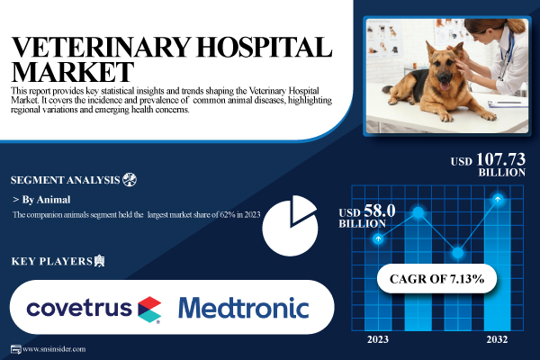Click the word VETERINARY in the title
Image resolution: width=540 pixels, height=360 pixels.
[101, 47]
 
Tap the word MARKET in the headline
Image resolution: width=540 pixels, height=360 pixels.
[72, 72]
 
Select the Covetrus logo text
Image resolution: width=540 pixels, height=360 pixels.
[79, 307]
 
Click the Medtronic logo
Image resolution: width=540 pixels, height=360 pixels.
[244, 308]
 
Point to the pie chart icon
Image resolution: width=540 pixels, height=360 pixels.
[290, 226]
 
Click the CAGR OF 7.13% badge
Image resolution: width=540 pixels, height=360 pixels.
[436, 278]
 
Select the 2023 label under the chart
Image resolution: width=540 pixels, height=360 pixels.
[378, 339]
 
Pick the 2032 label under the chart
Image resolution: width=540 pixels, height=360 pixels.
[497, 339]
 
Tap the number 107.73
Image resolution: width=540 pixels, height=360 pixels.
[500, 159]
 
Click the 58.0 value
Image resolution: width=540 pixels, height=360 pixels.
[380, 211]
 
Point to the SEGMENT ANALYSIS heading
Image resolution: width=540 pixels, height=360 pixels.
[65, 180]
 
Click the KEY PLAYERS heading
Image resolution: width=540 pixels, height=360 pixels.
[52, 261]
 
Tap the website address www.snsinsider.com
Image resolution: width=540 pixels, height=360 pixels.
[54, 349]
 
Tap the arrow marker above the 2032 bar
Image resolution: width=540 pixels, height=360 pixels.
[498, 199]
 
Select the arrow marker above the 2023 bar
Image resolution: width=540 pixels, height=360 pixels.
[378, 238]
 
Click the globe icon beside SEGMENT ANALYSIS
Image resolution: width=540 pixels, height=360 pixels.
[130, 179]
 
